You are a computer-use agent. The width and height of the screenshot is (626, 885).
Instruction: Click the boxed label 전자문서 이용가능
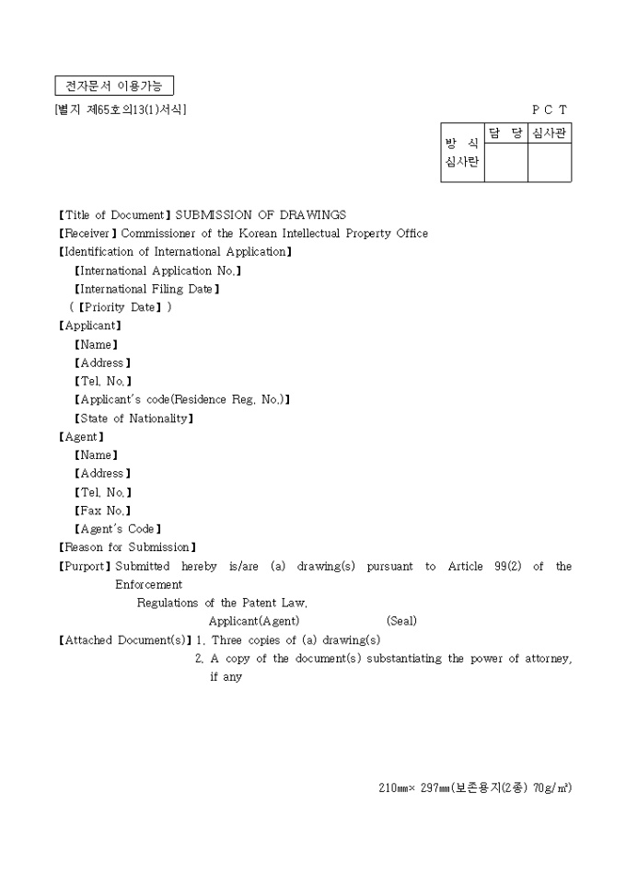click(x=114, y=86)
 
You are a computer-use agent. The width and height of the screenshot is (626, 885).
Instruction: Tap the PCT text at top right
click(x=550, y=109)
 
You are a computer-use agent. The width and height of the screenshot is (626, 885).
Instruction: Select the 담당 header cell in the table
click(x=505, y=133)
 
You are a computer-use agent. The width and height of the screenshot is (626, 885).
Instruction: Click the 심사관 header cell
click(x=550, y=133)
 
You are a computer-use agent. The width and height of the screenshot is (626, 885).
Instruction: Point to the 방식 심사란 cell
click(x=462, y=153)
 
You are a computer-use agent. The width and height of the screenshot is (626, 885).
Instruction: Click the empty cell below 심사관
click(x=550, y=163)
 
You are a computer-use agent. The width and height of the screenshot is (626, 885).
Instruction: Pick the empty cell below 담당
click(x=505, y=163)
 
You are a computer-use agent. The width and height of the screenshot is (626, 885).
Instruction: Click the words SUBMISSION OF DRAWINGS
click(x=261, y=215)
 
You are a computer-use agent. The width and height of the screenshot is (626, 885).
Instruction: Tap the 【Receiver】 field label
click(x=88, y=234)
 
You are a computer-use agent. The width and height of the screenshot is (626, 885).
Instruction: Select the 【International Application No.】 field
click(x=157, y=270)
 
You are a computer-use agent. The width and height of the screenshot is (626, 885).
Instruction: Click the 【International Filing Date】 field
click(x=146, y=289)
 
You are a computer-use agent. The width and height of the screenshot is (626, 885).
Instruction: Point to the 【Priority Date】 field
click(x=121, y=307)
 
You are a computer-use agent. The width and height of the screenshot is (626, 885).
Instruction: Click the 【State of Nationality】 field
click(x=133, y=419)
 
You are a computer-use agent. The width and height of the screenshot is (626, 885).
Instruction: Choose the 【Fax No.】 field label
click(x=102, y=511)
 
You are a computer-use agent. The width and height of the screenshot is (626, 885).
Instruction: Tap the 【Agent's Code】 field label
click(x=117, y=529)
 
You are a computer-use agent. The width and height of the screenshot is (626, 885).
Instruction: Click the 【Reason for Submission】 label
click(x=127, y=547)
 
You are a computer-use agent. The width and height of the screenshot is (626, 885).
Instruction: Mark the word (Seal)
click(x=401, y=621)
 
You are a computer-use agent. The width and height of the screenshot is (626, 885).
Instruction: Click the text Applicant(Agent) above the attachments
click(x=254, y=621)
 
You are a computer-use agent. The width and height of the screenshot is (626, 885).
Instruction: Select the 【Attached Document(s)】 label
click(x=125, y=639)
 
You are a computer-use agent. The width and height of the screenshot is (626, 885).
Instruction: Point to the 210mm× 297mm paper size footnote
click(x=474, y=787)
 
